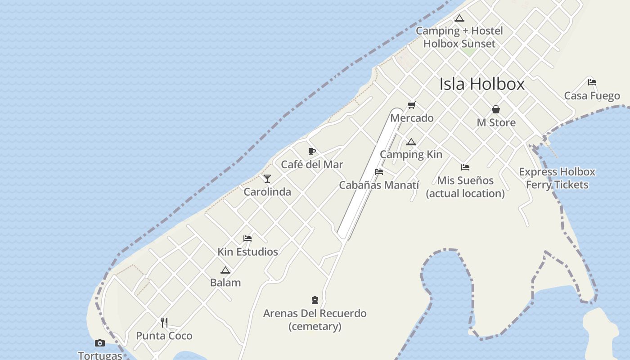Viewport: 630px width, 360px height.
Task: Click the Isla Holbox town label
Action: coord(481,84)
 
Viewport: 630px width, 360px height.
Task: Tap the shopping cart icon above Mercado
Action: coord(411,105)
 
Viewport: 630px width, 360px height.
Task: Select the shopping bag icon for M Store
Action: coord(496,109)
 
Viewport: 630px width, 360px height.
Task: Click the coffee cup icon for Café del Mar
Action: coord(312,152)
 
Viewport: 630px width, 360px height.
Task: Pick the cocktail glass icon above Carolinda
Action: coord(267,179)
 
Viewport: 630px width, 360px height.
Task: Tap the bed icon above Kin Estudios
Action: coord(247,238)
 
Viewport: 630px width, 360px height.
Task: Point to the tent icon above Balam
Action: coord(225,270)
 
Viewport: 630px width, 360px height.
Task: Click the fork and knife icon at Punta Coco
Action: coord(164,323)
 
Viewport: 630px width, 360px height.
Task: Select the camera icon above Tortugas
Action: coord(100,343)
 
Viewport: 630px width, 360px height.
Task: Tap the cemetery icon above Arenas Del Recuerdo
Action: coord(315,300)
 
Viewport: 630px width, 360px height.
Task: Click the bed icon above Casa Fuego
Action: coord(592,82)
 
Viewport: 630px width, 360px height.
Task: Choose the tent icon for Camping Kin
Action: coord(411,142)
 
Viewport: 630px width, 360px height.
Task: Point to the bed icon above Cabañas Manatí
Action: coord(379,172)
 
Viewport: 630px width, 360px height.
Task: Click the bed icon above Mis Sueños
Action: coord(465,167)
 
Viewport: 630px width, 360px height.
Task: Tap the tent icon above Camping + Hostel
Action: coord(459,18)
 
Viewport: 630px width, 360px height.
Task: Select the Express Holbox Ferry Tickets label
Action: coord(557,178)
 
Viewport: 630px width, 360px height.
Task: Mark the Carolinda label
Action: coord(267,192)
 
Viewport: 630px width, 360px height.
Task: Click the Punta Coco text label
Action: coord(164,336)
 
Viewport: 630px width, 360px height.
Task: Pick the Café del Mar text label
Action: coord(312,165)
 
